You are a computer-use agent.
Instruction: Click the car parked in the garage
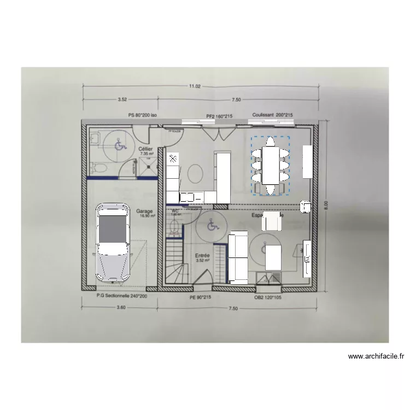[113, 241]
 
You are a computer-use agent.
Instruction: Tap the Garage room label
[145, 210]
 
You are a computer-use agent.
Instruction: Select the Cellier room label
[145, 149]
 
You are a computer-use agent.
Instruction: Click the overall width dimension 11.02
[196, 86]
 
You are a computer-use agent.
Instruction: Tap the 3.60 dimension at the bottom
[121, 308]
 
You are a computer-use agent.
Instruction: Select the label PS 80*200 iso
[142, 115]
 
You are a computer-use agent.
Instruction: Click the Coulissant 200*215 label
[272, 115]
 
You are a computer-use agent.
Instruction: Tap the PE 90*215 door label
[200, 298]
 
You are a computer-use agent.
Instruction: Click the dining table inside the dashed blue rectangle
[271, 165]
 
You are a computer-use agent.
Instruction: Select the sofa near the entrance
[238, 257]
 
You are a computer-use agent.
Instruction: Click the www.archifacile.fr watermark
[376, 357]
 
